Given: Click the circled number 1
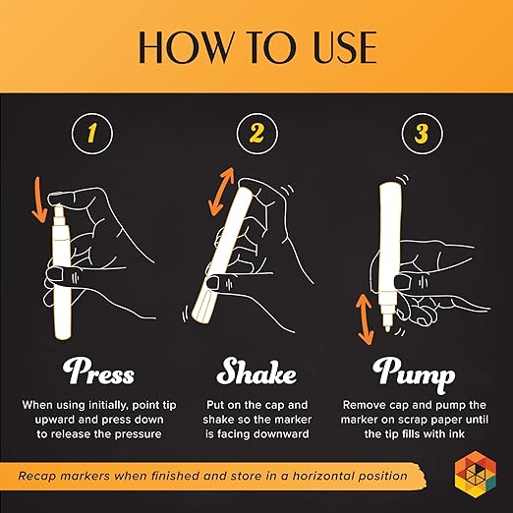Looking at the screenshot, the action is (92, 134).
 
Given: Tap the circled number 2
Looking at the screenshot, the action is (256, 134).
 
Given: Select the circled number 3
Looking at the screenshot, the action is (422, 134).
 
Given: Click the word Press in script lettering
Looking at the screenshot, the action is (98, 371).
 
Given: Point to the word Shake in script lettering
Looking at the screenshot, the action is (256, 371).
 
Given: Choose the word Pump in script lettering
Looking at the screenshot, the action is (414, 374).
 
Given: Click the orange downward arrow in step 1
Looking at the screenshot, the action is (39, 199).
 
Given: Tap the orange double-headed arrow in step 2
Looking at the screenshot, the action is (222, 192).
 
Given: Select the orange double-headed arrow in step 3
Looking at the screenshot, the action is (365, 319).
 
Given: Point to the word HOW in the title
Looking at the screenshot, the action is (185, 47).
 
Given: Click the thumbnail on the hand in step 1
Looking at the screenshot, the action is (55, 274).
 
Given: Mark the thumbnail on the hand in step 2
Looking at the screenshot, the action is (213, 282).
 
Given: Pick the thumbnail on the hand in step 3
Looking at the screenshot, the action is (402, 282).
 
